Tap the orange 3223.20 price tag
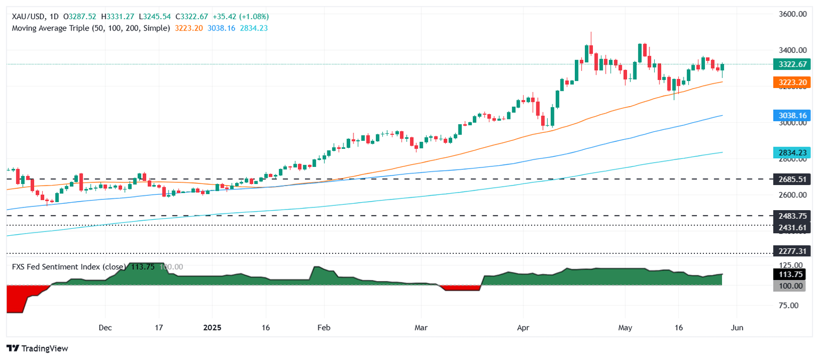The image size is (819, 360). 792,82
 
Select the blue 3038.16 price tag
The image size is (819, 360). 792,115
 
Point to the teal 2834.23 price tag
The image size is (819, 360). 792,153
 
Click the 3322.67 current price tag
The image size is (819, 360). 792,64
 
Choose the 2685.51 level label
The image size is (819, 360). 792,179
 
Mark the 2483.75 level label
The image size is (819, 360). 792,216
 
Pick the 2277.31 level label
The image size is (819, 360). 792,253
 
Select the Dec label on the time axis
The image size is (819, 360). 105,327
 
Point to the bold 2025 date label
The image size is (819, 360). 212,327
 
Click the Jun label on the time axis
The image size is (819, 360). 736,327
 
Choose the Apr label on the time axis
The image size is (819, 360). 523,327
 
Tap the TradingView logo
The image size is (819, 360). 37,348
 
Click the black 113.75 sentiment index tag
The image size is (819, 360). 792,275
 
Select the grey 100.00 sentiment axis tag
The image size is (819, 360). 792,286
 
